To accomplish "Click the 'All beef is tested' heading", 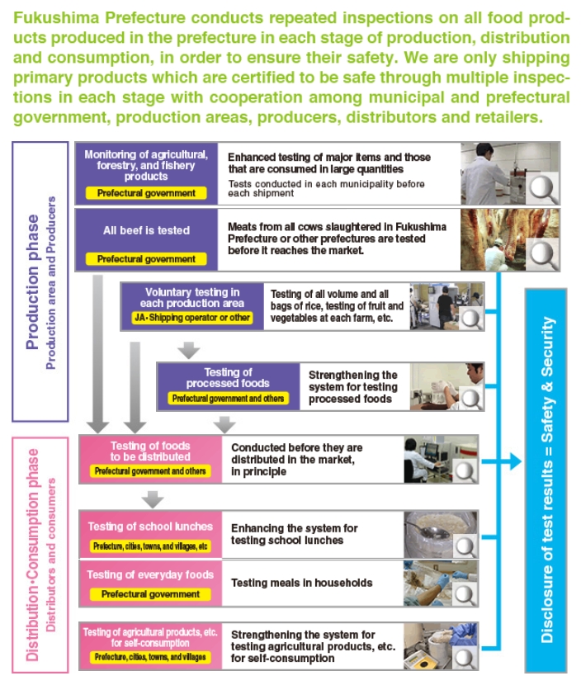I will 146,230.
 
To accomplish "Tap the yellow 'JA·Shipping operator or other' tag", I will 191,318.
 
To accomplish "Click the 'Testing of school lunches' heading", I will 150,527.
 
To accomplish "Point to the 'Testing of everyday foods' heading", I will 150,574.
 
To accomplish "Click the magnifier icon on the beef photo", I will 543,252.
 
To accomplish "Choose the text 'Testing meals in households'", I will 302,583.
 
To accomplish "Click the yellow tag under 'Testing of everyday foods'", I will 150,594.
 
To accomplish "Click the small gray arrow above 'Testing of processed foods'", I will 189,351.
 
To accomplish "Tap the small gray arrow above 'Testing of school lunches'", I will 151,499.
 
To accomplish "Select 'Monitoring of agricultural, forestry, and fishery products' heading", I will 146,165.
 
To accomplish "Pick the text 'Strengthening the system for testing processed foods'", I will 352,387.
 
